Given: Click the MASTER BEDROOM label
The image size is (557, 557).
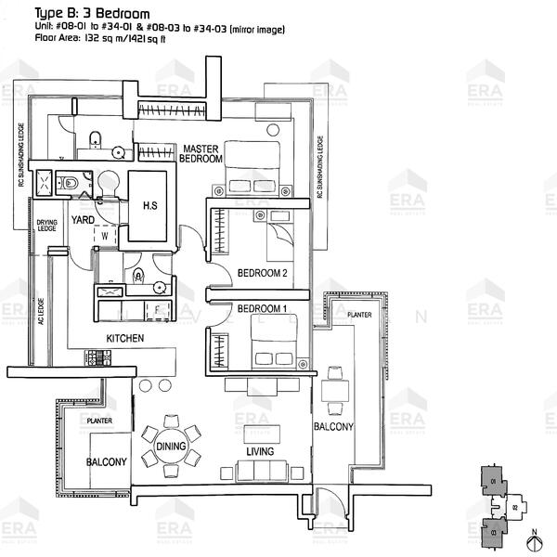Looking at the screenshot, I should click(201, 154).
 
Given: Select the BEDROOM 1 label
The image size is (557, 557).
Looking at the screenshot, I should click(262, 308).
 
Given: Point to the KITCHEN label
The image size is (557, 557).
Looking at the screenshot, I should click(124, 339).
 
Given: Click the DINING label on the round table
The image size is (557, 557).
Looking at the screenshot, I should click(171, 447).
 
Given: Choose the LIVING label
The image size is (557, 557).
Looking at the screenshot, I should click(259, 452).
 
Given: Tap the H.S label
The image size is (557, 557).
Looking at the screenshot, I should click(149, 207).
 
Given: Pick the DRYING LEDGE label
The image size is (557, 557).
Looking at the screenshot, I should click(46, 227).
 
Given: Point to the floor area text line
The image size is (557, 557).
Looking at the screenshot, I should click(98, 41).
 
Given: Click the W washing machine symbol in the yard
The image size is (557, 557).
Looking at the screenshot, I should click(105, 235).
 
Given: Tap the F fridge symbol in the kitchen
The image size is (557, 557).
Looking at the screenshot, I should click(158, 308).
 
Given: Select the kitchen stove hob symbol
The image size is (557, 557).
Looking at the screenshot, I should click(98, 356).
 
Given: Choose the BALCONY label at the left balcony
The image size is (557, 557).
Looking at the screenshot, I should click(107, 461).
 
